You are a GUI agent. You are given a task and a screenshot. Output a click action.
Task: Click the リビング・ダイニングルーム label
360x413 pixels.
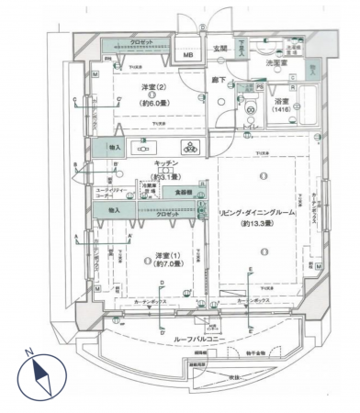(262, 211)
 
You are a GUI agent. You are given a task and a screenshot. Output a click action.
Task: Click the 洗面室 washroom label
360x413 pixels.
(276, 63)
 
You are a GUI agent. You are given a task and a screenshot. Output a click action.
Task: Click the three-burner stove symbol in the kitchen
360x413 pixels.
(190, 144)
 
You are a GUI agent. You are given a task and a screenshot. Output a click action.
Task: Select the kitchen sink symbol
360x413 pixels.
(147, 145)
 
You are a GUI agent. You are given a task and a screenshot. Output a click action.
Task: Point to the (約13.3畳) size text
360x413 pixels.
(261, 223)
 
